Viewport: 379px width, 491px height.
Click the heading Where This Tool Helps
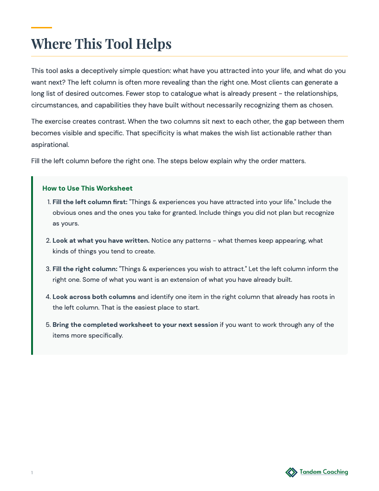click(x=101, y=44)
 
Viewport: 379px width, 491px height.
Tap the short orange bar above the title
click(x=41, y=28)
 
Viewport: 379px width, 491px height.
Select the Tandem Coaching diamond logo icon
click(x=291, y=472)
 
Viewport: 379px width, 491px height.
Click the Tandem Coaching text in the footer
click(x=324, y=472)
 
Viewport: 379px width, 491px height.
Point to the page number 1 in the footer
click(x=32, y=473)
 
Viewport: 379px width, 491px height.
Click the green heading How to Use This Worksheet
click(x=87, y=188)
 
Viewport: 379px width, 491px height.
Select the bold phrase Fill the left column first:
click(x=90, y=202)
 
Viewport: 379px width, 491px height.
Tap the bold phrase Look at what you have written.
click(x=101, y=240)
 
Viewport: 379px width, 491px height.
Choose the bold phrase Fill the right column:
click(x=85, y=269)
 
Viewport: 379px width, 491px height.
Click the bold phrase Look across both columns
click(x=94, y=297)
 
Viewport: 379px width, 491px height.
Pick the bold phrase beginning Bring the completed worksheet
click(x=135, y=325)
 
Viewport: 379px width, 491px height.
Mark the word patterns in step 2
click(x=193, y=240)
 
